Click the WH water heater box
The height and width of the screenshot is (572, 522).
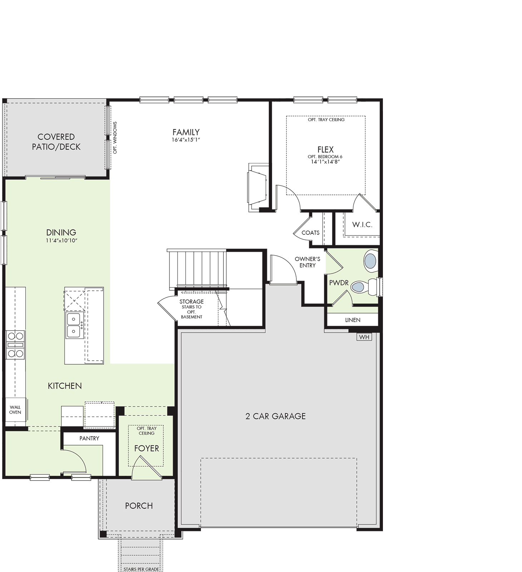[x=364, y=337]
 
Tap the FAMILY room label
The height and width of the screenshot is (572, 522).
[x=186, y=132]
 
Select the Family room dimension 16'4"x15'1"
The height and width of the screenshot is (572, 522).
[x=186, y=140]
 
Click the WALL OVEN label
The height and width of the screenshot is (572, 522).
[x=15, y=409]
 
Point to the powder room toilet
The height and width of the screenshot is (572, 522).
[x=364, y=287]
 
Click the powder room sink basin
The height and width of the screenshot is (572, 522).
[x=370, y=261]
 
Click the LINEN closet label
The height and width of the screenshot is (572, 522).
[x=353, y=320]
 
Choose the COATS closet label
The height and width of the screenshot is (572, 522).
[x=310, y=233]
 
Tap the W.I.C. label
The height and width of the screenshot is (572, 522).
[x=362, y=225]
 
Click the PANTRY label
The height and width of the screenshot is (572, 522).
[x=89, y=438]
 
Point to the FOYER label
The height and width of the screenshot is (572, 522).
[x=147, y=448]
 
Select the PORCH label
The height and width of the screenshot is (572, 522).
[x=139, y=506]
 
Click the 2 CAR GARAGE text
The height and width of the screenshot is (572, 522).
[x=275, y=416]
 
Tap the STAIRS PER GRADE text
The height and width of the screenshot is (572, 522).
[x=141, y=569]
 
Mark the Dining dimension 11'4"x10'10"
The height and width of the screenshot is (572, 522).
[x=61, y=241]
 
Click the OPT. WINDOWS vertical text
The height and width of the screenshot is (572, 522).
[x=115, y=138]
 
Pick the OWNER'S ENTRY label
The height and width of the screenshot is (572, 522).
[x=307, y=262]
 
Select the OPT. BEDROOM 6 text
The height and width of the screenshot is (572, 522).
[x=325, y=157]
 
